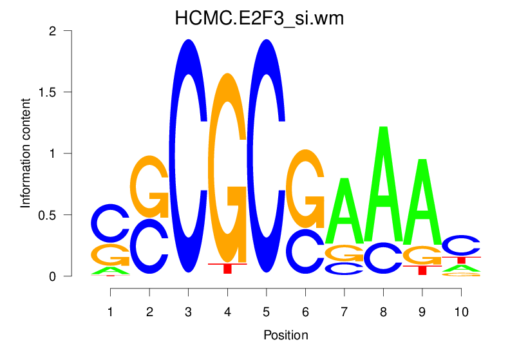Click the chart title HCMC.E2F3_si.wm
(x=259, y=19)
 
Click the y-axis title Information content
(x=26, y=153)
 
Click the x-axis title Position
(x=285, y=335)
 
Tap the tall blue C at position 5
(x=267, y=155)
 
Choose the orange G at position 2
(x=149, y=186)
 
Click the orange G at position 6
(x=305, y=187)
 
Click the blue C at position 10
(x=460, y=245)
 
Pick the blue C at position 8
(x=383, y=257)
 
